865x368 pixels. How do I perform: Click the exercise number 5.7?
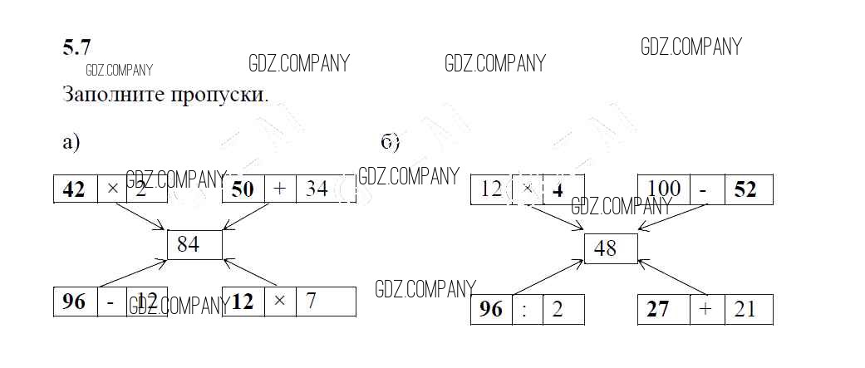76,48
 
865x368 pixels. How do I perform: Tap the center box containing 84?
194,244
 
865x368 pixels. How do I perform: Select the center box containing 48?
611,248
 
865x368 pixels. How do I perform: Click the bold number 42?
74,189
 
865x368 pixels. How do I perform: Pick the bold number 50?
243,189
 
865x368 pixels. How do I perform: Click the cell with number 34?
316,189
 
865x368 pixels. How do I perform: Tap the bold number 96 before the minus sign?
74,302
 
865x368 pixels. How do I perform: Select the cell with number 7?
311,301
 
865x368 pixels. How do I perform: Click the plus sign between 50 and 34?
280,189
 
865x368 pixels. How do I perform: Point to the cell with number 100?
664,189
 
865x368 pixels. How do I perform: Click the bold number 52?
746,189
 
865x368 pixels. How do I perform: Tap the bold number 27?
660,309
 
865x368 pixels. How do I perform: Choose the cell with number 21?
745,309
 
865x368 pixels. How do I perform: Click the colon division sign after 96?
524,310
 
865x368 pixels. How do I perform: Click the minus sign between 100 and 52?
703,190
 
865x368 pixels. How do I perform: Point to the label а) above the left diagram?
71,142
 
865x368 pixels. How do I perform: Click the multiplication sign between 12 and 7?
280,301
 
